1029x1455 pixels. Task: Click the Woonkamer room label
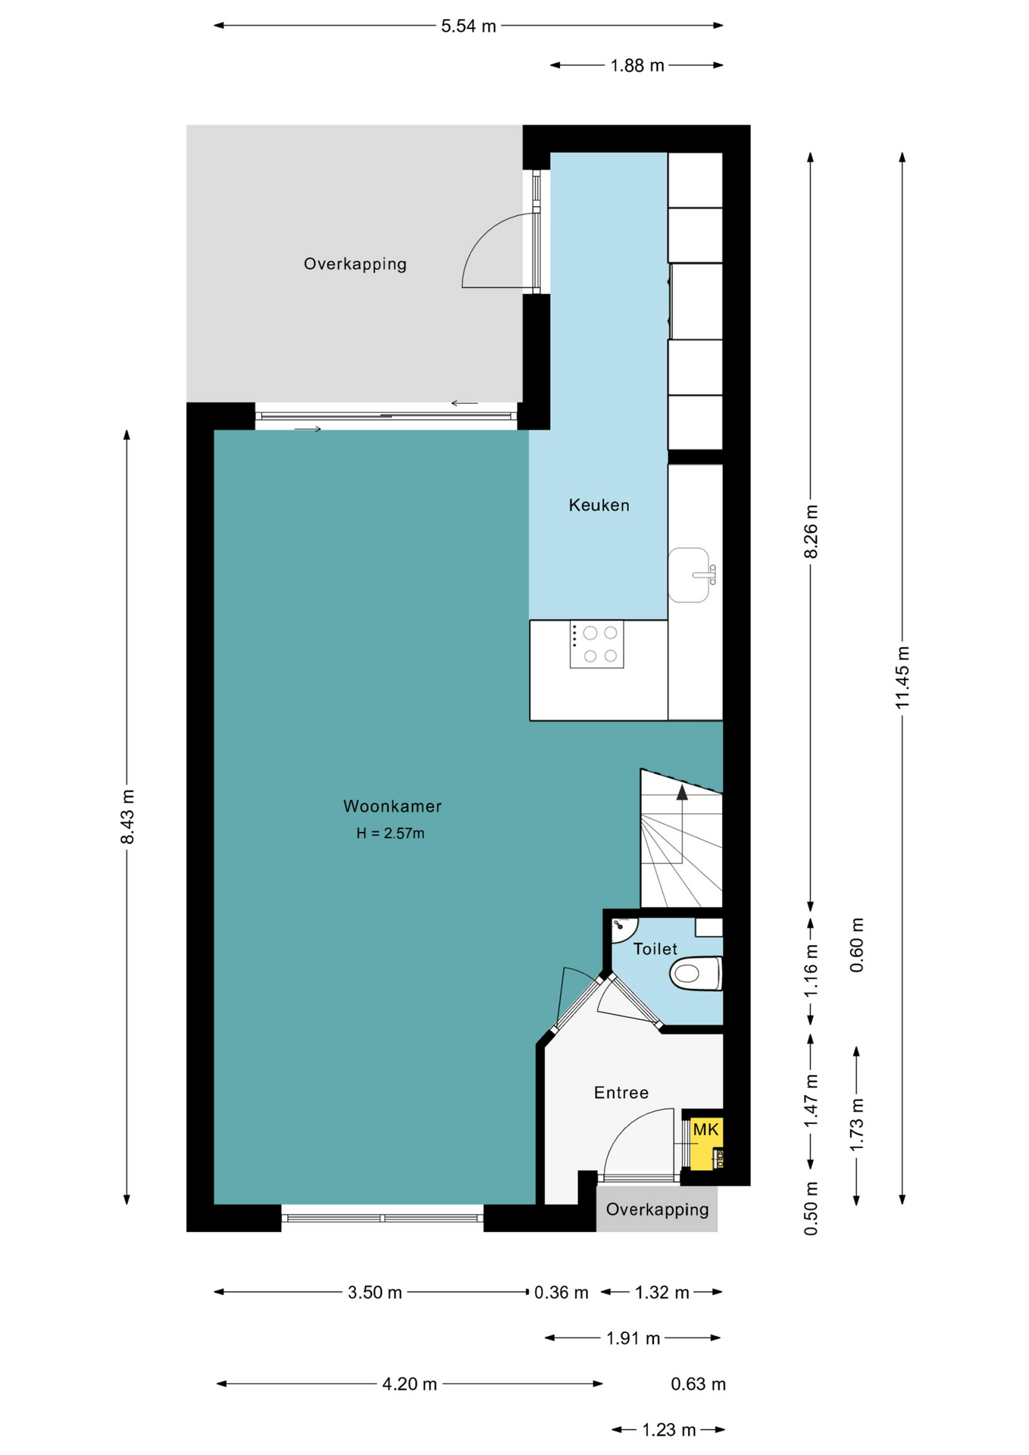(x=392, y=806)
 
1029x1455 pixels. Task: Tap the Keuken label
(x=599, y=505)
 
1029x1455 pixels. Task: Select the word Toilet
(x=655, y=949)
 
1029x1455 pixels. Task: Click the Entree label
(x=621, y=1093)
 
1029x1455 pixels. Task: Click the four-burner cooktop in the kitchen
(x=596, y=644)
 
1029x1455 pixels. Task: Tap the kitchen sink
(x=691, y=575)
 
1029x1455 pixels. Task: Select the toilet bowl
(x=696, y=974)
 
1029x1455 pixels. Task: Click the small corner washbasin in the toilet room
(x=624, y=928)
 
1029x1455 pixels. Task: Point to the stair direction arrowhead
(x=682, y=793)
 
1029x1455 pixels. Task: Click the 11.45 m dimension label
(x=902, y=677)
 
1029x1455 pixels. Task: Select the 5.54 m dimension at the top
(x=468, y=27)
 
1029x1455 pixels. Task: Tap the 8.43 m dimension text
(x=127, y=816)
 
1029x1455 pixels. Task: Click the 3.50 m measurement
(x=374, y=1293)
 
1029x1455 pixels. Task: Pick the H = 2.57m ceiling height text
(x=390, y=834)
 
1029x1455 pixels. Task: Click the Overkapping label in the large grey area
(x=355, y=264)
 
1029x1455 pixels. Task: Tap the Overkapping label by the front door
(x=657, y=1209)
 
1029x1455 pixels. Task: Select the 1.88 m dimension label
(x=637, y=66)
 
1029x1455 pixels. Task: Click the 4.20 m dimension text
(x=409, y=1385)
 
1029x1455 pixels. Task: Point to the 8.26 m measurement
(x=811, y=531)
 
